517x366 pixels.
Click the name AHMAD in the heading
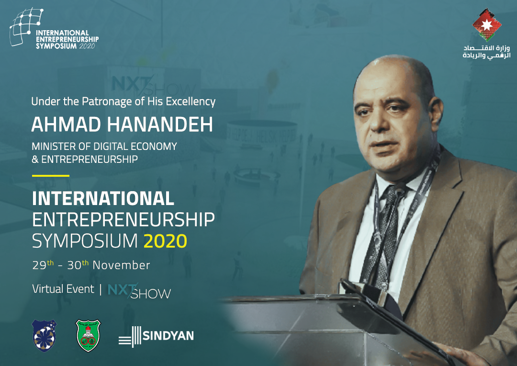[x=66, y=125]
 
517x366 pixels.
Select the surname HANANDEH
[x=160, y=125]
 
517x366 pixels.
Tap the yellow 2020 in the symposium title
[x=166, y=241]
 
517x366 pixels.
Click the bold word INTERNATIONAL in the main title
[x=103, y=198]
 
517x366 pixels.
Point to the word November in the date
[x=121, y=265]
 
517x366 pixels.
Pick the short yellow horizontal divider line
[x=50, y=175]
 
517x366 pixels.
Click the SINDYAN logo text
[x=168, y=336]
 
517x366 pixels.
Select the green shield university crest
[x=88, y=335]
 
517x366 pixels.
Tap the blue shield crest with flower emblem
[x=44, y=335]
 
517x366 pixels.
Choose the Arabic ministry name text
[x=487, y=52]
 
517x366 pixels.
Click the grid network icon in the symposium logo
[x=26, y=26]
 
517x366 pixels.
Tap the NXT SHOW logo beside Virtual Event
[x=139, y=291]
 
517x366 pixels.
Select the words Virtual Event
[x=63, y=289]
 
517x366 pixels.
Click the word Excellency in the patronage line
[x=191, y=102]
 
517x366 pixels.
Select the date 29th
[x=43, y=265]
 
